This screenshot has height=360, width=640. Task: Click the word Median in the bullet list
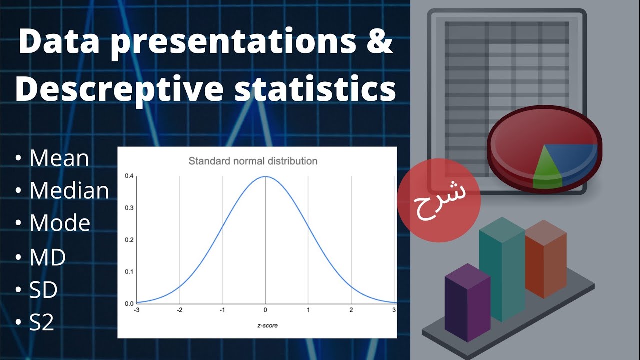69,191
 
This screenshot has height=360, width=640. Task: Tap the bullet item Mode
60,223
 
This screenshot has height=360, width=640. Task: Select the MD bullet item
48,257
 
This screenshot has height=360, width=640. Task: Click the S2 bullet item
42,322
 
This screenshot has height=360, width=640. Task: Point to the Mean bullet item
59,158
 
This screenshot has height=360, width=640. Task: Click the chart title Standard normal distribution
252,161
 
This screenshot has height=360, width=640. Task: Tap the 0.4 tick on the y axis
129,176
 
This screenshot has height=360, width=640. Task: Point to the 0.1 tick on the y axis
129,271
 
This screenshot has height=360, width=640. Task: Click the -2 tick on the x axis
179,310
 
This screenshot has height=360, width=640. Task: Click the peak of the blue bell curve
265,176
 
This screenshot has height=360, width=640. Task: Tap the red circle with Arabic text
439,201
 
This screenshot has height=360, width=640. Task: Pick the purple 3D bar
466,305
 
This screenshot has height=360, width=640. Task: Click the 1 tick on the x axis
308,310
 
